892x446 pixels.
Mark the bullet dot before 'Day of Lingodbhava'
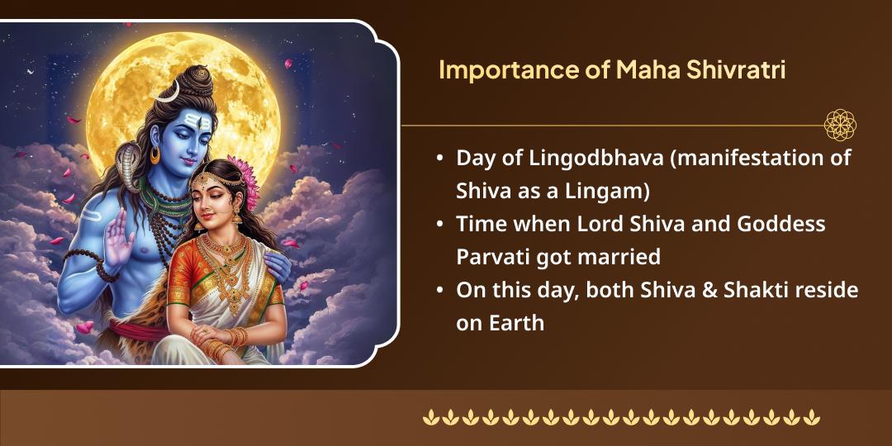pyautogui.click(x=439, y=159)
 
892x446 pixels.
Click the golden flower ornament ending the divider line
pyautogui.click(x=839, y=126)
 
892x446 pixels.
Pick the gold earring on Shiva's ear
pyautogui.click(x=155, y=155)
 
